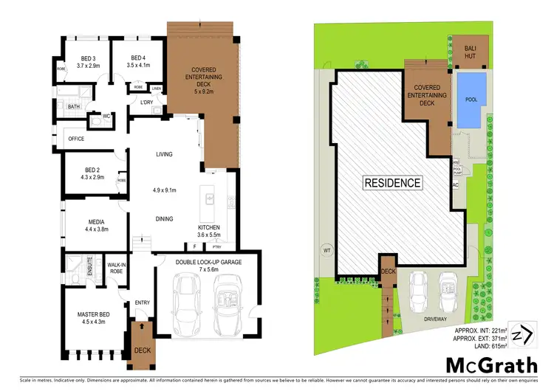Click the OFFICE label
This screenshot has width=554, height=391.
point(76,138)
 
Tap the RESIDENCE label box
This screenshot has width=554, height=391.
point(391,182)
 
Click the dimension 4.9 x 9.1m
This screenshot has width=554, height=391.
point(164,190)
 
